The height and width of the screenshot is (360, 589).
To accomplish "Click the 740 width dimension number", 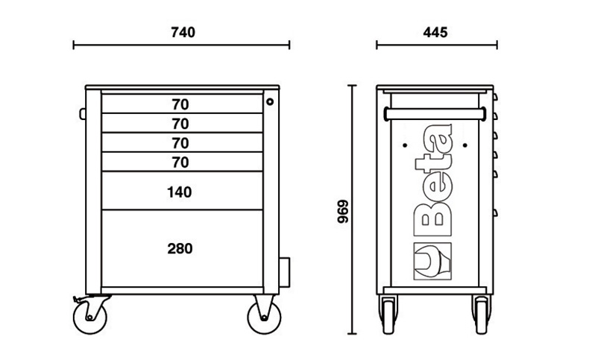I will click(182, 32).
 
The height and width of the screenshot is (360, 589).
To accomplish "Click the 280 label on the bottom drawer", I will click(180, 248).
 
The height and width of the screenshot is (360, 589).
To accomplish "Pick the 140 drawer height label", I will click(180, 192).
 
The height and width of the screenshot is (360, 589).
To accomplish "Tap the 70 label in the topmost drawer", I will click(180, 104).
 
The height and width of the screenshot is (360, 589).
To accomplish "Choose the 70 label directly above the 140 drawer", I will click(180, 162).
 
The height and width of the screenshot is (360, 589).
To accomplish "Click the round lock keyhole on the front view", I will click(271, 101).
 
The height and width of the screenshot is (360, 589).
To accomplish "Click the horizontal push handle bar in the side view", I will click(435, 113).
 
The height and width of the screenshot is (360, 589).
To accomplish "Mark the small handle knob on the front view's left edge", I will click(82, 113).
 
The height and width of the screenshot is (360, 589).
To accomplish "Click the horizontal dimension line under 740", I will click(182, 46).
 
